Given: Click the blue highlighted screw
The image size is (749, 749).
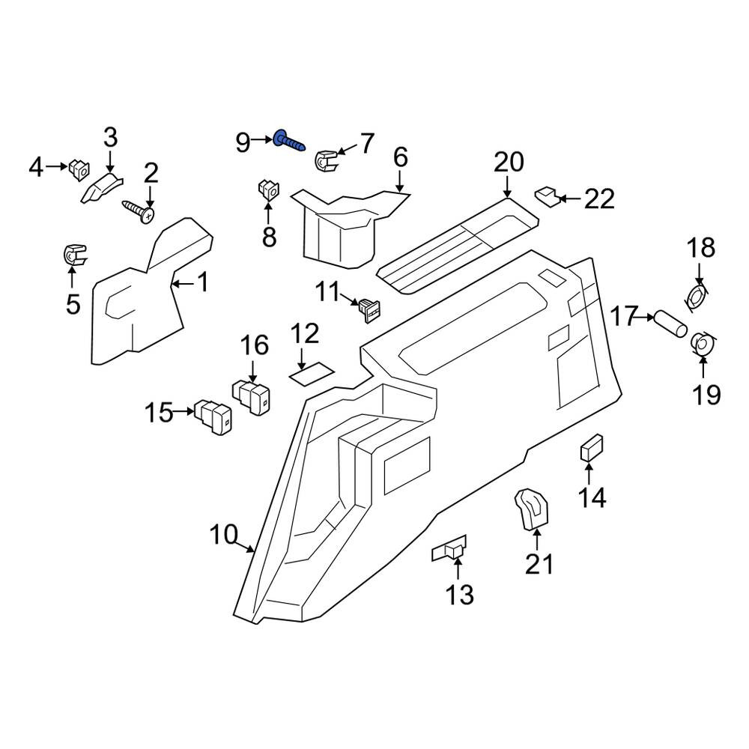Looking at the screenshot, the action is [288, 142].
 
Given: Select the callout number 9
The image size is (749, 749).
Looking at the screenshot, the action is [243, 142].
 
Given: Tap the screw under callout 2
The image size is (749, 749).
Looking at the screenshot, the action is [139, 211].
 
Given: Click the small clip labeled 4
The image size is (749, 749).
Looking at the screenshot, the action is [79, 169].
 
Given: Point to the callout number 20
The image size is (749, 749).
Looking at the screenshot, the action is [509, 162].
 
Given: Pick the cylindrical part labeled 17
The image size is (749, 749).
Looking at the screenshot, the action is [670, 324].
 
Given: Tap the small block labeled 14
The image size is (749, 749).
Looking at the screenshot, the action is [592, 448].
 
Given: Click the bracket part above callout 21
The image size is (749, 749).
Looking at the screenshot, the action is [531, 509].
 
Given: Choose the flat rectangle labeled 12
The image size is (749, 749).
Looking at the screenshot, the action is [312, 373].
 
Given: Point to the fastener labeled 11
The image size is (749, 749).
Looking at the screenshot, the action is [370, 310].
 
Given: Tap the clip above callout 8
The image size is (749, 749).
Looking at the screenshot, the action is [269, 189].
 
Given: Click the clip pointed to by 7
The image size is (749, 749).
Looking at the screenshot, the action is [326, 160].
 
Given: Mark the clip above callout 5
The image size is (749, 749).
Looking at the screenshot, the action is [75, 255].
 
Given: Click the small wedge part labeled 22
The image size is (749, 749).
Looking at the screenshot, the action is [548, 195].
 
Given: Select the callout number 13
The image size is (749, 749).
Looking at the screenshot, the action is [460, 594].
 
